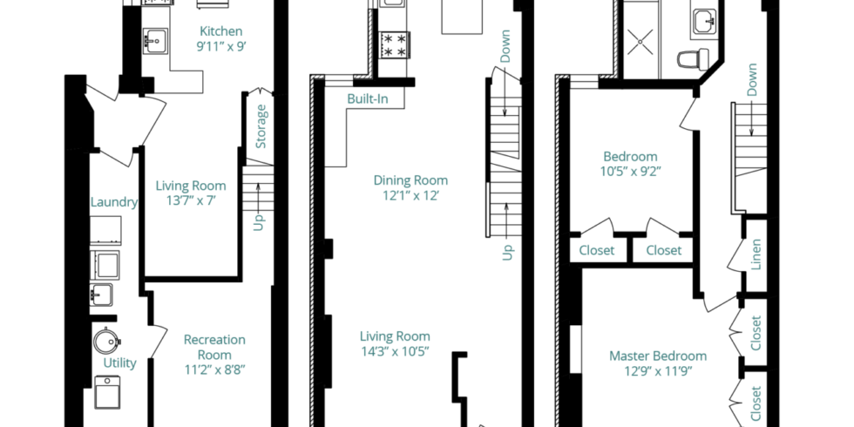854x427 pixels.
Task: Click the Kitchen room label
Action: click(220, 31)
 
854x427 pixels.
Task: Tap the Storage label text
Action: click(261, 126)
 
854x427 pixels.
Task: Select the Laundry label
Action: click(114, 202)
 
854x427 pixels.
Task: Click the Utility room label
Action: click(120, 363)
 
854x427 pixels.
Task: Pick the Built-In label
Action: click(368, 99)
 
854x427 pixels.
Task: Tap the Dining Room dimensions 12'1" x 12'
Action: click(410, 195)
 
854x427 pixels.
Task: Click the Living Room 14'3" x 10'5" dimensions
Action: click(395, 351)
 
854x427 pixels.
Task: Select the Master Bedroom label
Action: click(658, 356)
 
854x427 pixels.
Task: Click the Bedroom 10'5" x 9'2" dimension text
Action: click(631, 172)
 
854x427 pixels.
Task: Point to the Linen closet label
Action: click(756, 254)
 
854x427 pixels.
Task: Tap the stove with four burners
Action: click(394, 45)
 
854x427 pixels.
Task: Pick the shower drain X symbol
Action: click(640, 42)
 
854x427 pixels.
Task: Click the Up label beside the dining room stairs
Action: click(507, 252)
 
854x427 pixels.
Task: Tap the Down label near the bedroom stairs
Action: click(752, 80)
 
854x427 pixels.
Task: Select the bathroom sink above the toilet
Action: click(704, 22)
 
